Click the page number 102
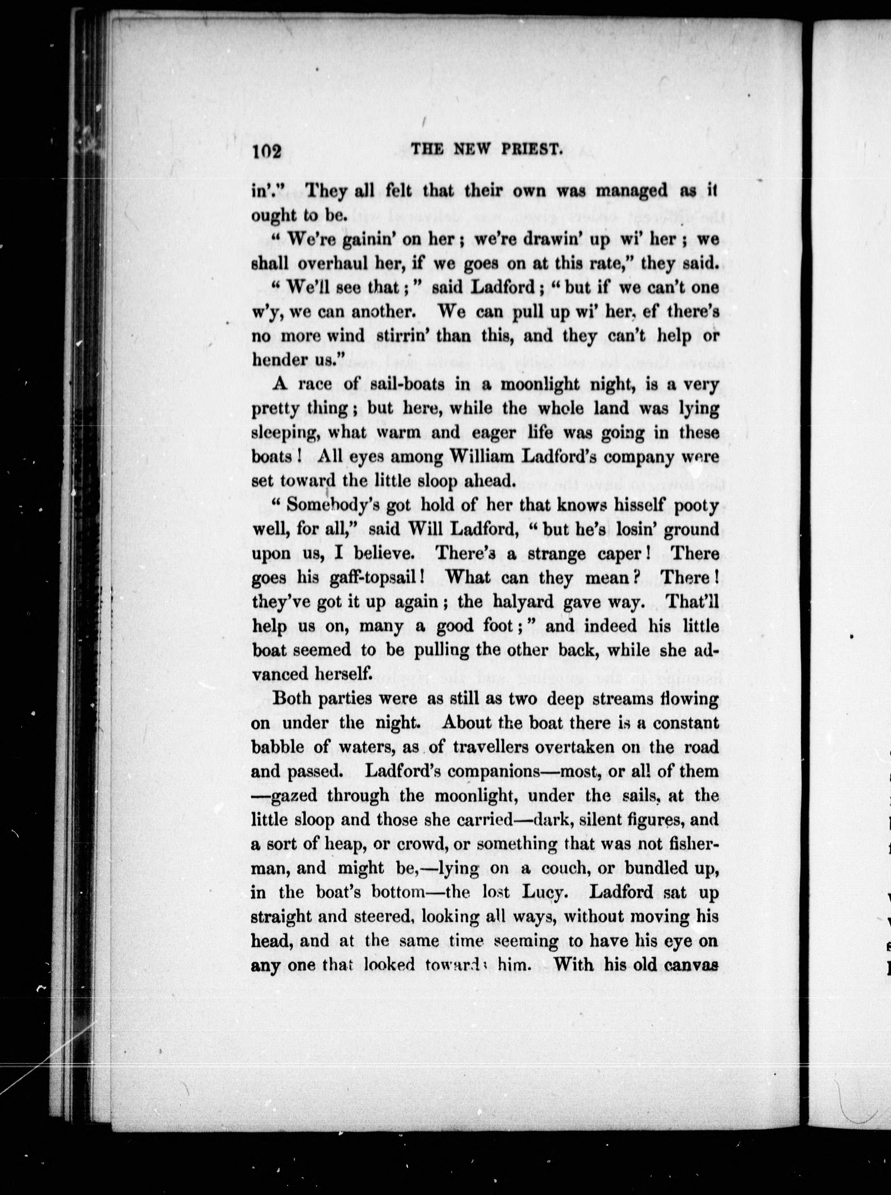[x=267, y=152]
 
